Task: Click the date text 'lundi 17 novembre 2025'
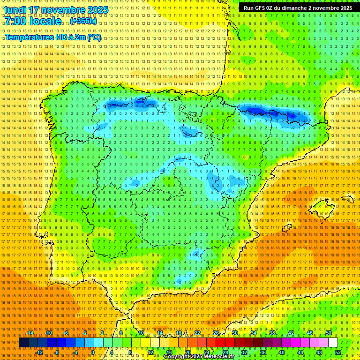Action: coord(56,10)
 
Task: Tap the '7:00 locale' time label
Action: coord(33,22)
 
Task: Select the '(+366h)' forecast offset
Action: coord(83,22)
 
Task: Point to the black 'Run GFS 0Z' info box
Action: coord(298,8)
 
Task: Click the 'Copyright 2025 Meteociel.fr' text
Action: coord(199,357)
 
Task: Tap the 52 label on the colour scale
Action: coord(338,352)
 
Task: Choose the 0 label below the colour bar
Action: coord(93,352)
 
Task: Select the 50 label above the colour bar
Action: coord(329,333)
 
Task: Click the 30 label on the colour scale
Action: coord(234,333)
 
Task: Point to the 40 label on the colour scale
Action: coord(282,352)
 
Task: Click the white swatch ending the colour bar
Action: coord(333,343)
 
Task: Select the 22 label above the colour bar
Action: coord(197,333)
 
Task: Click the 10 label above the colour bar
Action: coord(141,333)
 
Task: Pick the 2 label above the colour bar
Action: coord(103,333)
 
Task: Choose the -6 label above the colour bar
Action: coord(67,333)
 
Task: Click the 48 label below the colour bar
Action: coord(319,352)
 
